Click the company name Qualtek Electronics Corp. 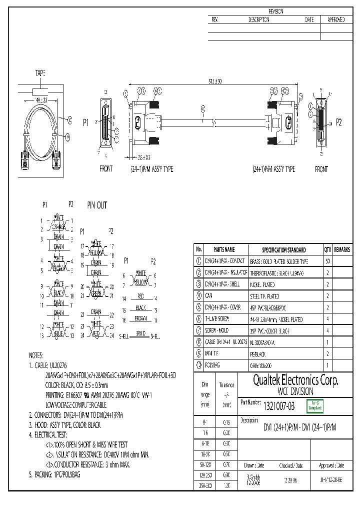[295, 381]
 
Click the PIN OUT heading [97, 205]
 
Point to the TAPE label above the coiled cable [40, 73]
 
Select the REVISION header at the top [276, 11]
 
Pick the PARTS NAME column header [223, 249]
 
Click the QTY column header [327, 249]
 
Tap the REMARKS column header [342, 249]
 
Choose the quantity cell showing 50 [327, 261]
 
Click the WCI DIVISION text [295, 391]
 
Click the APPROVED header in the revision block [335, 19]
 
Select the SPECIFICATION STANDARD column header [284, 249]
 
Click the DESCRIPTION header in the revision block [258, 19]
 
